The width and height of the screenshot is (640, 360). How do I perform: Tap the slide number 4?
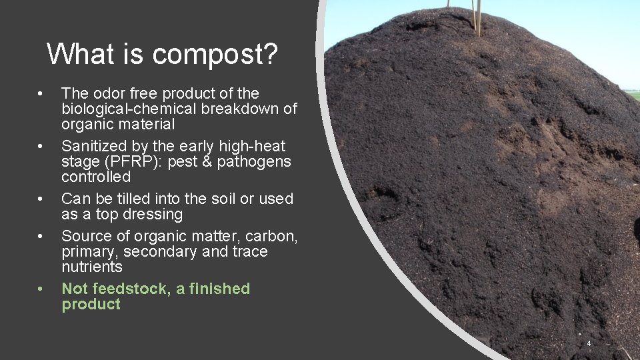click(x=589, y=343)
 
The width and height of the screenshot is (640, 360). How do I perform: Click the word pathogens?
click(x=257, y=162)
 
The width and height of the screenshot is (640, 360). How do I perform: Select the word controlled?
click(x=96, y=177)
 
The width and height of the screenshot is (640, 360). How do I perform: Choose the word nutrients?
click(x=92, y=267)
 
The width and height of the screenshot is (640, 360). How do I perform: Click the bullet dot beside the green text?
click(x=41, y=289)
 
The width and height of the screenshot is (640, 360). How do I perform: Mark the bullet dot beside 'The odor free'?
click(x=41, y=94)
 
